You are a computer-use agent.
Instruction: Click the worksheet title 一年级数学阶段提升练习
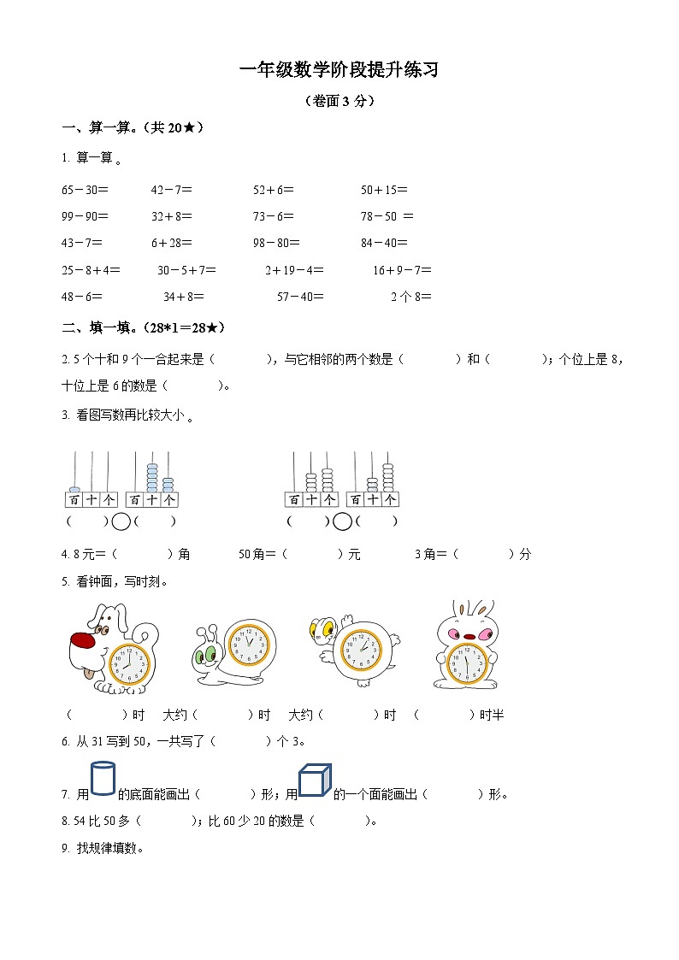pyautogui.click(x=339, y=71)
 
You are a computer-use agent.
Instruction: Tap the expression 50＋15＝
pyautogui.click(x=384, y=190)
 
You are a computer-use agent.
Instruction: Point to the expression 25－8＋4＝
pyautogui.click(x=91, y=270)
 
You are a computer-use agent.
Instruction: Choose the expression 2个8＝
pyautogui.click(x=411, y=297)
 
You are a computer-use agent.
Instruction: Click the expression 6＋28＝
pyautogui.click(x=172, y=243)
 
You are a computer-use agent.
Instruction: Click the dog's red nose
pyautogui.click(x=83, y=640)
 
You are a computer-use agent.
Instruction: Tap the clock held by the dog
pyautogui.click(x=129, y=661)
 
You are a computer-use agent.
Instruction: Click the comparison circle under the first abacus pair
pyautogui.click(x=121, y=521)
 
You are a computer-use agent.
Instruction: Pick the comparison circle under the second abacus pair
pyautogui.click(x=342, y=521)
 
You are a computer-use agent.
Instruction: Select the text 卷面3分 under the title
pyautogui.click(x=339, y=101)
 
